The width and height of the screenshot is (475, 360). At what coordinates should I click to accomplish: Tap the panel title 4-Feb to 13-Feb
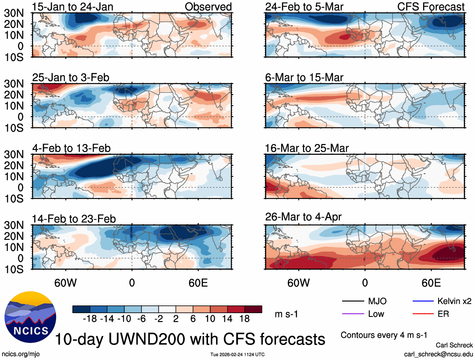coord(72,148)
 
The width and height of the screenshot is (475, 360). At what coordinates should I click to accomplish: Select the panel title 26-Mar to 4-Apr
coord(303,217)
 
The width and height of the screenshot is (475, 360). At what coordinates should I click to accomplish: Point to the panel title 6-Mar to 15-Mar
coord(304,77)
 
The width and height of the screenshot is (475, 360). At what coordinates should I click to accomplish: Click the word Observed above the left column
coord(208,7)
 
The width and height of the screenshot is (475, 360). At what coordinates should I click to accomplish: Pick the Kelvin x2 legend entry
coord(454,301)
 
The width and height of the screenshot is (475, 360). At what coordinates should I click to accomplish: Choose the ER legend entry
coord(443,314)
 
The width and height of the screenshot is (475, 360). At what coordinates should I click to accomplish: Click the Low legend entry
coord(375,314)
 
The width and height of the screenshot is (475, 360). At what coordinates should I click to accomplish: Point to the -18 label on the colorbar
coord(90,319)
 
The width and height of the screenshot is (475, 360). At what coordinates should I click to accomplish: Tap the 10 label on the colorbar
coord(210,319)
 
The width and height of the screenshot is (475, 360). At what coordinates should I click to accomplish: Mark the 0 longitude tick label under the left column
coord(132,283)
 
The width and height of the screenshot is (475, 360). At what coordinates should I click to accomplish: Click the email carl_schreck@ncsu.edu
coord(438,354)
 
